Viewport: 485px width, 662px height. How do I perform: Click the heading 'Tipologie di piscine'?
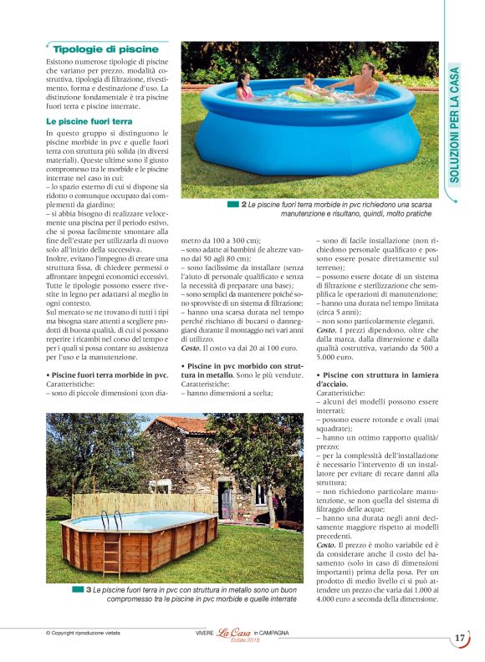point(100,49)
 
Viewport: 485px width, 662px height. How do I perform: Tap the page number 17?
point(460,638)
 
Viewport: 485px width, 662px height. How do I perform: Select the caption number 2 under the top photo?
point(243,204)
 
